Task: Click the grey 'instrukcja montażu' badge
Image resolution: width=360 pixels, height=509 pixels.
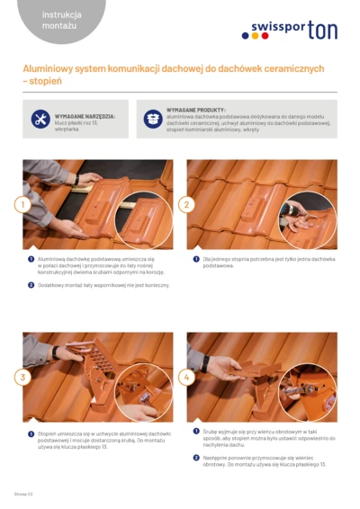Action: [60, 20]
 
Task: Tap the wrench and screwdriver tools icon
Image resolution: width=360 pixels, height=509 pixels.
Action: [40, 120]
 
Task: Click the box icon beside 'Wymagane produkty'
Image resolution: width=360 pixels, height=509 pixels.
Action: [153, 119]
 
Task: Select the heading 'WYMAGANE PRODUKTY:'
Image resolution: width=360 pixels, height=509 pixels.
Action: [196, 109]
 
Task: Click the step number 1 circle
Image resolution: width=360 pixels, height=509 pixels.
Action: [23, 204]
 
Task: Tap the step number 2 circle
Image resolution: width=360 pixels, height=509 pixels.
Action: [187, 204]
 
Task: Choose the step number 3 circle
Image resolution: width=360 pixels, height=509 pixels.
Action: [23, 377]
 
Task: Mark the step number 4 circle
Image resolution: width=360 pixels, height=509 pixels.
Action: [187, 377]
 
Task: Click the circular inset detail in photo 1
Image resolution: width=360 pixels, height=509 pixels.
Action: [143, 220]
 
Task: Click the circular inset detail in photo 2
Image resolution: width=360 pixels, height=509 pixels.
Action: [308, 220]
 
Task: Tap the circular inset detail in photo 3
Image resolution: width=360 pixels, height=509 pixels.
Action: [143, 393]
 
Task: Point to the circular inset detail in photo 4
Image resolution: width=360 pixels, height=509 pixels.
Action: [308, 393]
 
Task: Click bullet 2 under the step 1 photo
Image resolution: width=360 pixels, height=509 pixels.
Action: [31, 285]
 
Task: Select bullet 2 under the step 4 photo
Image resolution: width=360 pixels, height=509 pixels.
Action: [195, 458]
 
